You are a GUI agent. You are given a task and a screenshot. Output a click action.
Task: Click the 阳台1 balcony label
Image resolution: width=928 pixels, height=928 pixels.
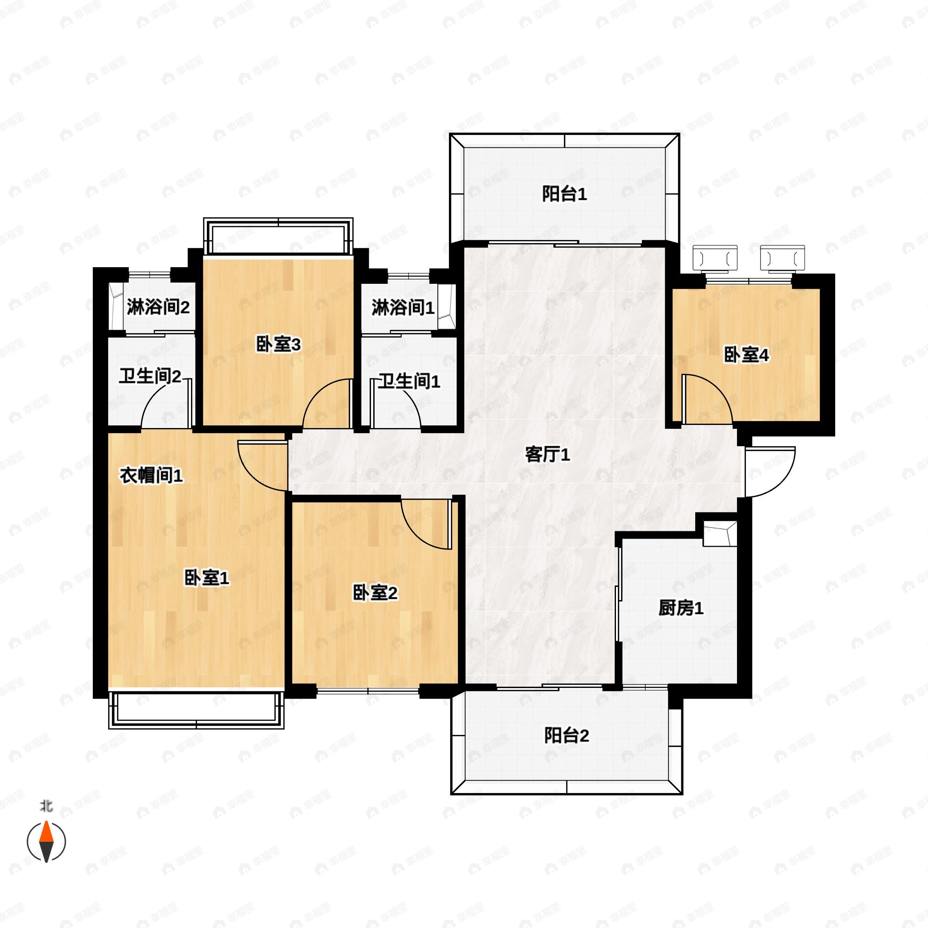point(565,194)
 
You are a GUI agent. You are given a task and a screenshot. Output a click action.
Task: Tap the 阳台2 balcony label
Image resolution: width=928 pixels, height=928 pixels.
point(566,735)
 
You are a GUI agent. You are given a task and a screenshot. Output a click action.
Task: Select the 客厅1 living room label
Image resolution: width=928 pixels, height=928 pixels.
point(548,454)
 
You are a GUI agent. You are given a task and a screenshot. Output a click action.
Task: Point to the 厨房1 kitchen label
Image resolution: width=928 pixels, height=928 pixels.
point(681,609)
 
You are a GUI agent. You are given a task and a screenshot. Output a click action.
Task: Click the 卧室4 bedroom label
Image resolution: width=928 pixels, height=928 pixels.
point(746,355)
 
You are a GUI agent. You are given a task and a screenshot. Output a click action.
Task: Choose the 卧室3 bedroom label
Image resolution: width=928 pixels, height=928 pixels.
point(278,345)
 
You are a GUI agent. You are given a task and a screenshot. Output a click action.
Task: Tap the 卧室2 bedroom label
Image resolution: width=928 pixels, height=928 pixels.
point(375,593)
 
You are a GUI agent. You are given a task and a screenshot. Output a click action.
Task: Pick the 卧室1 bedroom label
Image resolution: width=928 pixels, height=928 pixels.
point(207,578)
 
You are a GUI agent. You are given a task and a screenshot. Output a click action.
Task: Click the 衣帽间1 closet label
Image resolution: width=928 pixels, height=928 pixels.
point(151,476)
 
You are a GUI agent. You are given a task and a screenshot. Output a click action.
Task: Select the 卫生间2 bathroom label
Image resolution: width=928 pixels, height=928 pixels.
point(150,377)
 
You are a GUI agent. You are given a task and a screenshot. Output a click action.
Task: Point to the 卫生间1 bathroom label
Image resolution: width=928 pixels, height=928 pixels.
point(409,382)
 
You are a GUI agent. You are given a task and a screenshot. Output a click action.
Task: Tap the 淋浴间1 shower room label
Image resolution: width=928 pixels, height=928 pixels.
point(403,308)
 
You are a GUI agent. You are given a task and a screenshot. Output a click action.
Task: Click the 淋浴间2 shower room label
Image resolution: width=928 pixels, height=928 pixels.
point(158,307)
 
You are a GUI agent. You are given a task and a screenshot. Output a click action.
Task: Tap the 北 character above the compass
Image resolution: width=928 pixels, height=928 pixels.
point(46,805)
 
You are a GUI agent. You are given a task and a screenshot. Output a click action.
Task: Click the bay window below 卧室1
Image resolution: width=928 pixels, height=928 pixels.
point(196,710)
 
